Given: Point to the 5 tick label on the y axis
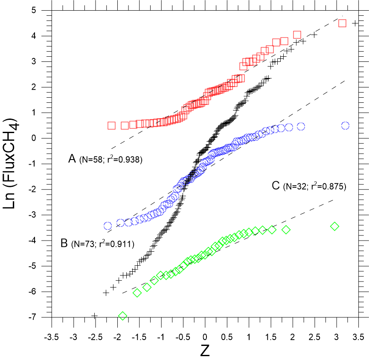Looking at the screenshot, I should pyautogui.click(x=44, y=10).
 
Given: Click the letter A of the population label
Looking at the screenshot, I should pyautogui.click(x=72, y=160).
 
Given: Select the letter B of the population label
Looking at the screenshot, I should pyautogui.click(x=64, y=244).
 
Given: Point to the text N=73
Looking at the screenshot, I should pyautogui.click(x=84, y=244).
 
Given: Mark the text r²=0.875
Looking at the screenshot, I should pyautogui.click(x=326, y=186).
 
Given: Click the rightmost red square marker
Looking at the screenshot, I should pyautogui.click(x=342, y=23).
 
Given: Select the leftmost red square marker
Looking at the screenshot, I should pyautogui.click(x=112, y=125).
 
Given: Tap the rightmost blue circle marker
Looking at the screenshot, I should pyautogui.click(x=345, y=126).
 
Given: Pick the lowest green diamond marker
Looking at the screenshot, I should pyautogui.click(x=123, y=316).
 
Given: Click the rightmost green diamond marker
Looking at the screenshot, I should pyautogui.click(x=334, y=226).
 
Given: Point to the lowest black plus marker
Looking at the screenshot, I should pyautogui.click(x=95, y=316).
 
